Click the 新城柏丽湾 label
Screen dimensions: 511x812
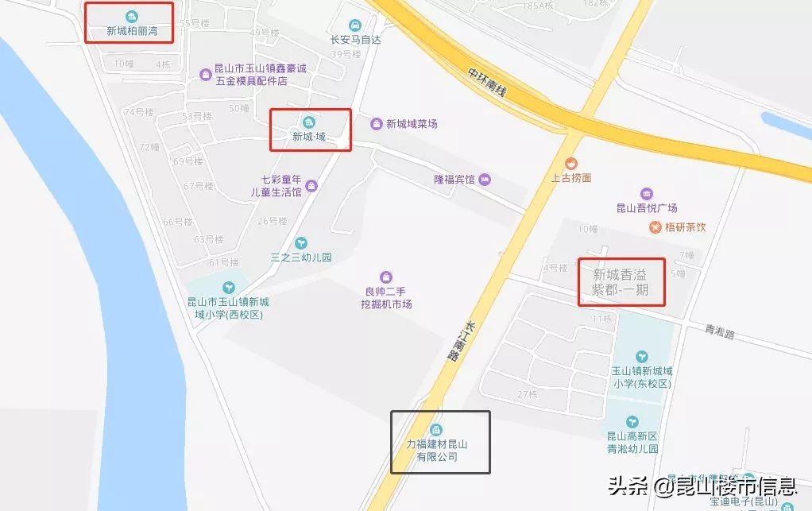pos(131,33)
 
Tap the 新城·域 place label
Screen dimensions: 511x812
pos(309,136)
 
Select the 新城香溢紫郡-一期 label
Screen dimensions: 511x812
pos(621,282)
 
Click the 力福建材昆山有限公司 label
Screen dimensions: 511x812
pos(438,451)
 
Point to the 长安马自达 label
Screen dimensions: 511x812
pos(356,40)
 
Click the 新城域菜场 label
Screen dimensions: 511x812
pos(411,124)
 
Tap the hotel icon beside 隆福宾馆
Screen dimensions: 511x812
pos(485,180)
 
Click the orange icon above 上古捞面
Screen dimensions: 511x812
pos(571,164)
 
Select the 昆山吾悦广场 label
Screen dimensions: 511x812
pos(647,208)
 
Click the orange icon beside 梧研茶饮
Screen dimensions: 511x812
pos(655,227)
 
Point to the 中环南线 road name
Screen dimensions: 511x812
pos(487,82)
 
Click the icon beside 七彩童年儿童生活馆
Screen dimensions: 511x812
pos(311,186)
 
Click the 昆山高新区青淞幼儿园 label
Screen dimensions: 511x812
pos(632,442)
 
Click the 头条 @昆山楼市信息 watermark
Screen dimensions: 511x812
pos(702,486)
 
